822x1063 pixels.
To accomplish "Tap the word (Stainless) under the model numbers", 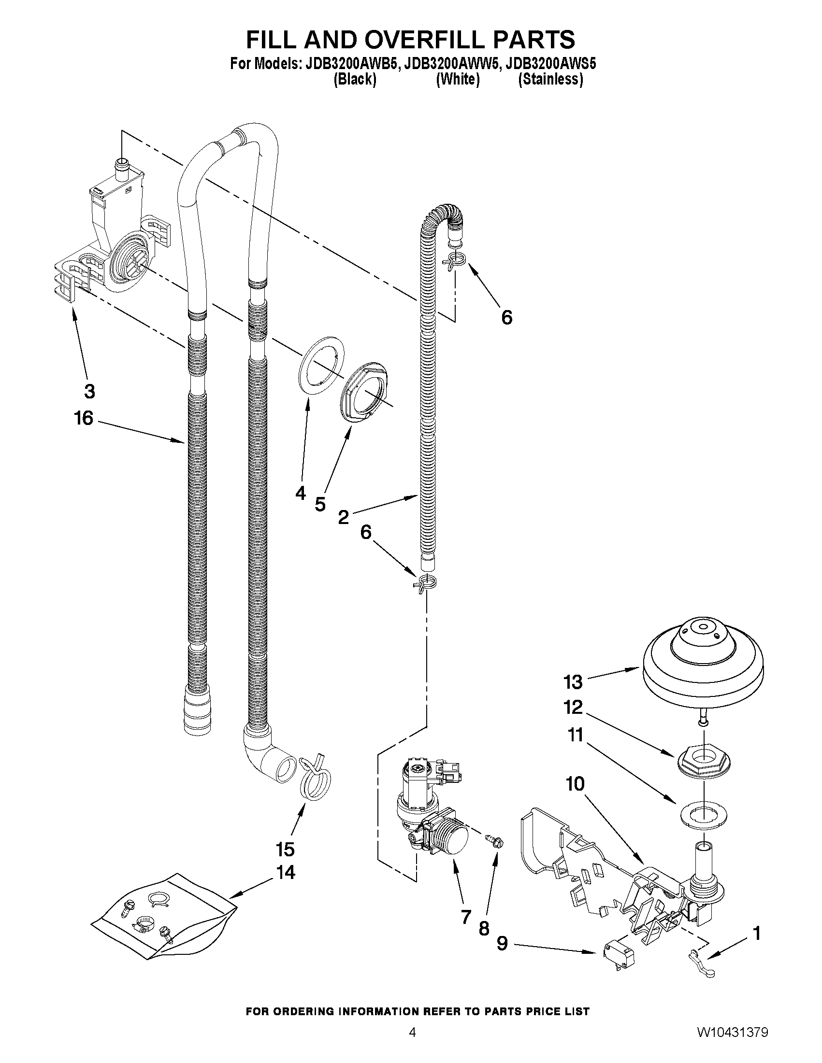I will click(550, 79).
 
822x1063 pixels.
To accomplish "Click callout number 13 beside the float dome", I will click(573, 682).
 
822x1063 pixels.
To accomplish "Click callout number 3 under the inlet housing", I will click(89, 391).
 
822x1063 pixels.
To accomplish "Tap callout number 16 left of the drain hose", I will click(83, 418).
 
